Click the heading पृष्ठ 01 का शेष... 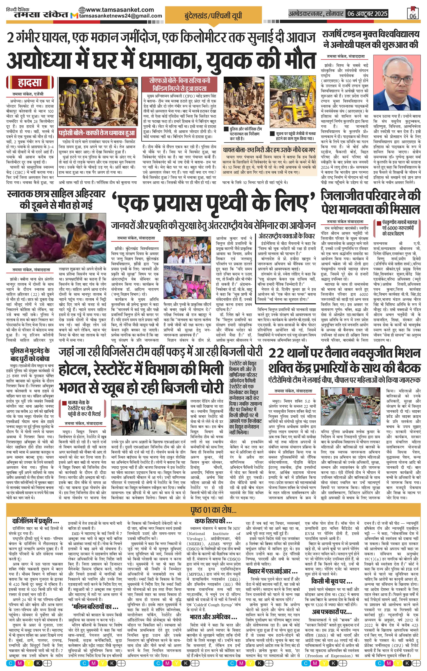point(213,510)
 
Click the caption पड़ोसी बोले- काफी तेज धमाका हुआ point(97,133)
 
